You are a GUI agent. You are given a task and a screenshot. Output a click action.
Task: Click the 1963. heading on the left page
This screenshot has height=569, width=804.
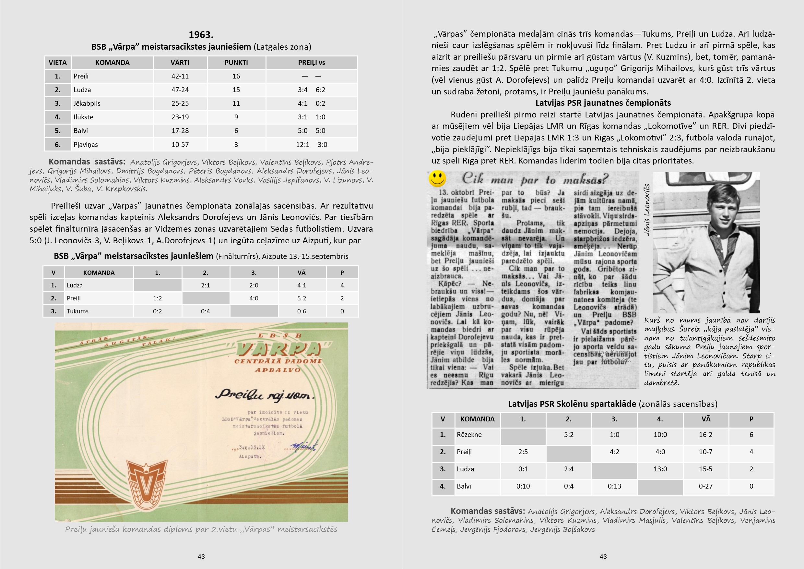(201, 35)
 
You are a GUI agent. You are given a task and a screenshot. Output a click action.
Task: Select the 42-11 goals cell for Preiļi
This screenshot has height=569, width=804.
(180, 76)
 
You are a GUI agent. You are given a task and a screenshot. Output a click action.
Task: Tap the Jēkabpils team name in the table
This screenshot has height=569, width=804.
(87, 103)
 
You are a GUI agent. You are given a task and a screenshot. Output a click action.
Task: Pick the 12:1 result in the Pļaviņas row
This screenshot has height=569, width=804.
(302, 144)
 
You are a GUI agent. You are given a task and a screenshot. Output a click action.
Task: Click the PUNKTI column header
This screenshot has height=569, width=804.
(236, 63)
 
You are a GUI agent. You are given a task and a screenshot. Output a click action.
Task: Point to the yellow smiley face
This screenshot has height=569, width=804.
(437, 178)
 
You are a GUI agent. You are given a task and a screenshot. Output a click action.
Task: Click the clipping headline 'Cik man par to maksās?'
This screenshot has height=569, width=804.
(535, 179)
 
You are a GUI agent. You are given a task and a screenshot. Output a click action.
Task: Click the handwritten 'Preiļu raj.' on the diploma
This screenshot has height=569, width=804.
(265, 394)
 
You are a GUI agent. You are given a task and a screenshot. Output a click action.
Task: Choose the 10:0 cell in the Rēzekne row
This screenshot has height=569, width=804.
(660, 435)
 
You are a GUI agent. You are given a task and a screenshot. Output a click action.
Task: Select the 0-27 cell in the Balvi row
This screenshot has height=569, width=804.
(705, 486)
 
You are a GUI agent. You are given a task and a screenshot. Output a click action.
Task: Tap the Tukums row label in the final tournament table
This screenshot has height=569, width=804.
(78, 311)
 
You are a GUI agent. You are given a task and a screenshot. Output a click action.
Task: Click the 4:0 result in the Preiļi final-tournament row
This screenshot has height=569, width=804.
(254, 298)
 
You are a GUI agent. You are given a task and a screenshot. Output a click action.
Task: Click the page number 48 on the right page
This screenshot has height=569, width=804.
(603, 556)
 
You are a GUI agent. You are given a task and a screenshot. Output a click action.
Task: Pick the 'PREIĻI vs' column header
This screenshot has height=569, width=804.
(311, 63)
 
